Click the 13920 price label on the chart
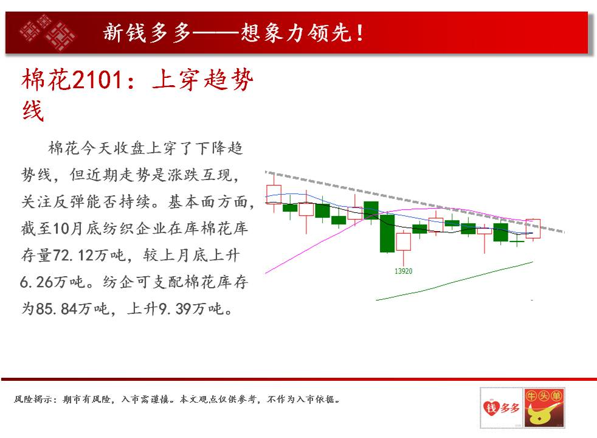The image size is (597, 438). coord(403,271)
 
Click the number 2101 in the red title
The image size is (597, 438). coord(97,80)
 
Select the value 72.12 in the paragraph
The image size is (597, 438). coord(73,255)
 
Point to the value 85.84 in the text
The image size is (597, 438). coord(57,308)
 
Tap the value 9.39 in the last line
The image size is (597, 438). coord(174,308)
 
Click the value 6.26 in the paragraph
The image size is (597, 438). coord(36,282)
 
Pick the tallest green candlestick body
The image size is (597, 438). coord(387,233)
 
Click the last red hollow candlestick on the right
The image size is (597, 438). coord(533,229)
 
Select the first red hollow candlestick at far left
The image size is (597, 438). coord(274,194)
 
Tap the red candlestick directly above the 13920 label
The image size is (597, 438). coord(404,242)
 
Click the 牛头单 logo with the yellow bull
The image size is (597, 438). coord(544,408)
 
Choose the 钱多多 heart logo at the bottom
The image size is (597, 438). coord(502,408)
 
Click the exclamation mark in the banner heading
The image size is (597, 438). coord(360,33)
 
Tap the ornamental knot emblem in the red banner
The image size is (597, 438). coord(47,32)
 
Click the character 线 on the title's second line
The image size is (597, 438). coord(33,111)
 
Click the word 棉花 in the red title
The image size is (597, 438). coord(47,80)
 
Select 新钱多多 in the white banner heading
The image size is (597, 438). coord(147,33)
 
